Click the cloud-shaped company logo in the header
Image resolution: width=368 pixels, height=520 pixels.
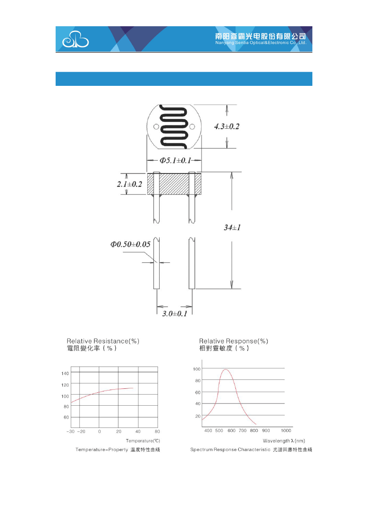click(75, 40)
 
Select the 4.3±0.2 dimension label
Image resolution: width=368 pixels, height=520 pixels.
click(226, 127)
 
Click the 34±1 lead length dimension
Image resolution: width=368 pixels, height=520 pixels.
click(232, 227)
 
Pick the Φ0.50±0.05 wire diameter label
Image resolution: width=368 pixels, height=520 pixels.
click(130, 244)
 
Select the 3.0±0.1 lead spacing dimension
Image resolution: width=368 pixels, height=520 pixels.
click(174, 314)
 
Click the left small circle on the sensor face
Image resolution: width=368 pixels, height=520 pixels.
click(156, 127)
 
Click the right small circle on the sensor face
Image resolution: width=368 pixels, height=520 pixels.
click(192, 127)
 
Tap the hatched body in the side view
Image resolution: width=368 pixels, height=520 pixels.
click(174, 184)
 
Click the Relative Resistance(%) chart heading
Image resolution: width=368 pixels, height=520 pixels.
click(103, 341)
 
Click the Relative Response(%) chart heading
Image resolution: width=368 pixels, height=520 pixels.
click(234, 341)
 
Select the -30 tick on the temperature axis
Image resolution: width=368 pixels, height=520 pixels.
click(70, 431)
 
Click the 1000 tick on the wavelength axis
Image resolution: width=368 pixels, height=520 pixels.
click(286, 431)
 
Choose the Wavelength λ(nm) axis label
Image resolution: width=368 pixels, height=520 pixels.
click(283, 440)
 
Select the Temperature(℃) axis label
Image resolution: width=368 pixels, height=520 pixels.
click(143, 440)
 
